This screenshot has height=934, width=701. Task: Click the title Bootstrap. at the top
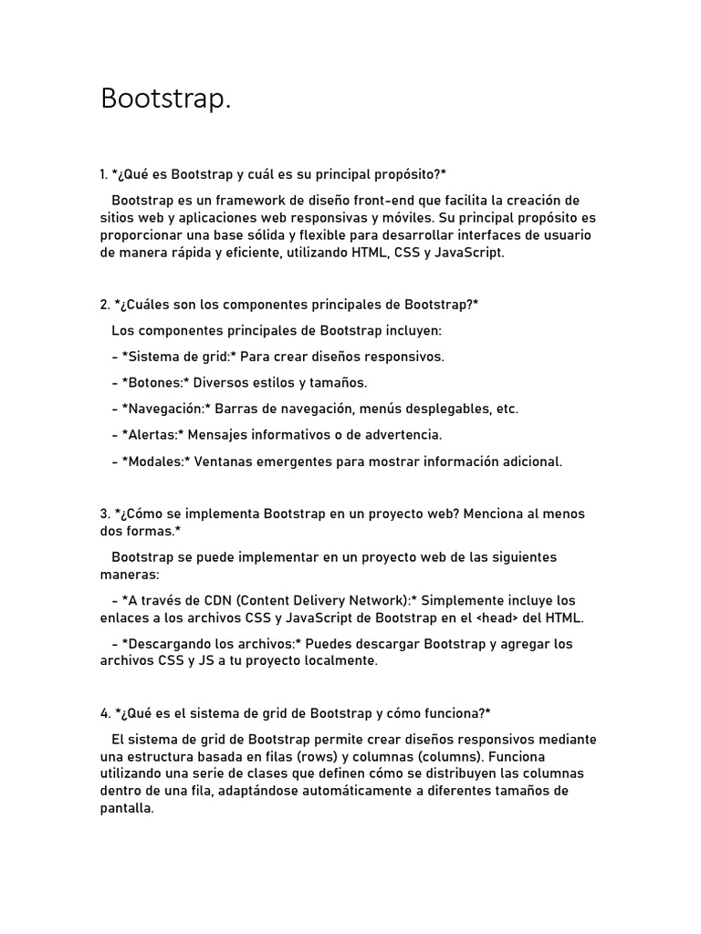pos(165,99)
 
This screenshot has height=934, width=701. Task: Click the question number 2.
pos(104,305)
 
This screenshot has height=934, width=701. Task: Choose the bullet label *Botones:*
pos(155,383)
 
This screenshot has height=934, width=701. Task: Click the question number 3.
pos(104,514)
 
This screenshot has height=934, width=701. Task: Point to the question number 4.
pos(104,712)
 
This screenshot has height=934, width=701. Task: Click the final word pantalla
pos(126,808)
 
